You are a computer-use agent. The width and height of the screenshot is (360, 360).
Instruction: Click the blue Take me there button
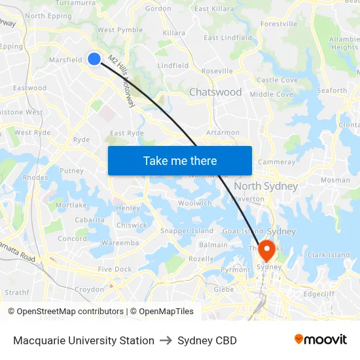point(180,160)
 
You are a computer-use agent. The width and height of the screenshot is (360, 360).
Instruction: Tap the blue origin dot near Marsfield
point(94,59)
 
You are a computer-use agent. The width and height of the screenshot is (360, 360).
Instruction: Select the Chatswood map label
point(215,92)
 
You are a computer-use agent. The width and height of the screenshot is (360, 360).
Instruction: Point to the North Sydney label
point(266,186)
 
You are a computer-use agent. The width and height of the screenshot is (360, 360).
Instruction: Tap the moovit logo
point(321,340)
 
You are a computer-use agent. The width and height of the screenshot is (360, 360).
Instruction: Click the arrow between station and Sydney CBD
point(166,340)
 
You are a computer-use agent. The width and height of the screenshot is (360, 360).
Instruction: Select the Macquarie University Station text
point(84,340)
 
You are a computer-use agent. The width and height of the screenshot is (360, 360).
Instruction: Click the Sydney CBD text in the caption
point(207,340)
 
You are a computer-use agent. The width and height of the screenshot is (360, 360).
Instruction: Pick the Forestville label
point(278,24)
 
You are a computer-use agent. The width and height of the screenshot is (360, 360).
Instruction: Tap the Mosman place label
point(335,180)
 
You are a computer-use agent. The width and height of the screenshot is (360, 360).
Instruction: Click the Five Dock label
point(115,269)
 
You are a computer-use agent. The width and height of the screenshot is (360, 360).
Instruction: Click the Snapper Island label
point(187,231)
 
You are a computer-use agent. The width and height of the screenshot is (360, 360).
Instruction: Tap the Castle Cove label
point(277,80)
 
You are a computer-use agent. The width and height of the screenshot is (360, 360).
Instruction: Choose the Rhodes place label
point(35,177)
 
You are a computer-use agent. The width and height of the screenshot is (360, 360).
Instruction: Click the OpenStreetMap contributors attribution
point(67,312)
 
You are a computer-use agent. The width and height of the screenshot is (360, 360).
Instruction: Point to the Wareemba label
point(120,243)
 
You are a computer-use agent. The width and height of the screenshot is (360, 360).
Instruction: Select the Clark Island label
point(329,255)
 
